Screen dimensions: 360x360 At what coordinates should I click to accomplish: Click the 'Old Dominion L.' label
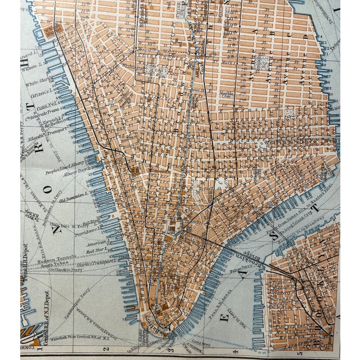71,195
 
